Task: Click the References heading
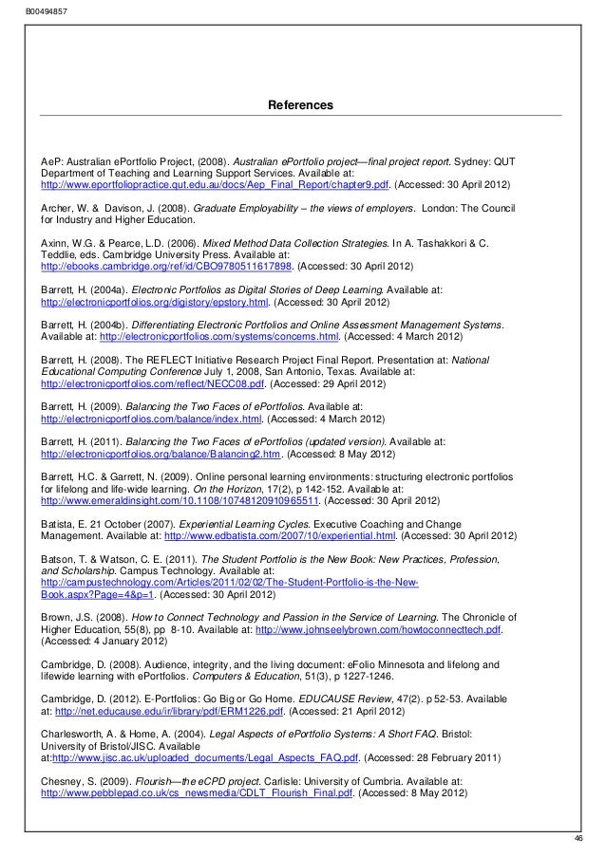[302, 102]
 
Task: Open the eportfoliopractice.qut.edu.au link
[215, 185]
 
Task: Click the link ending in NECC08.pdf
[154, 386]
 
